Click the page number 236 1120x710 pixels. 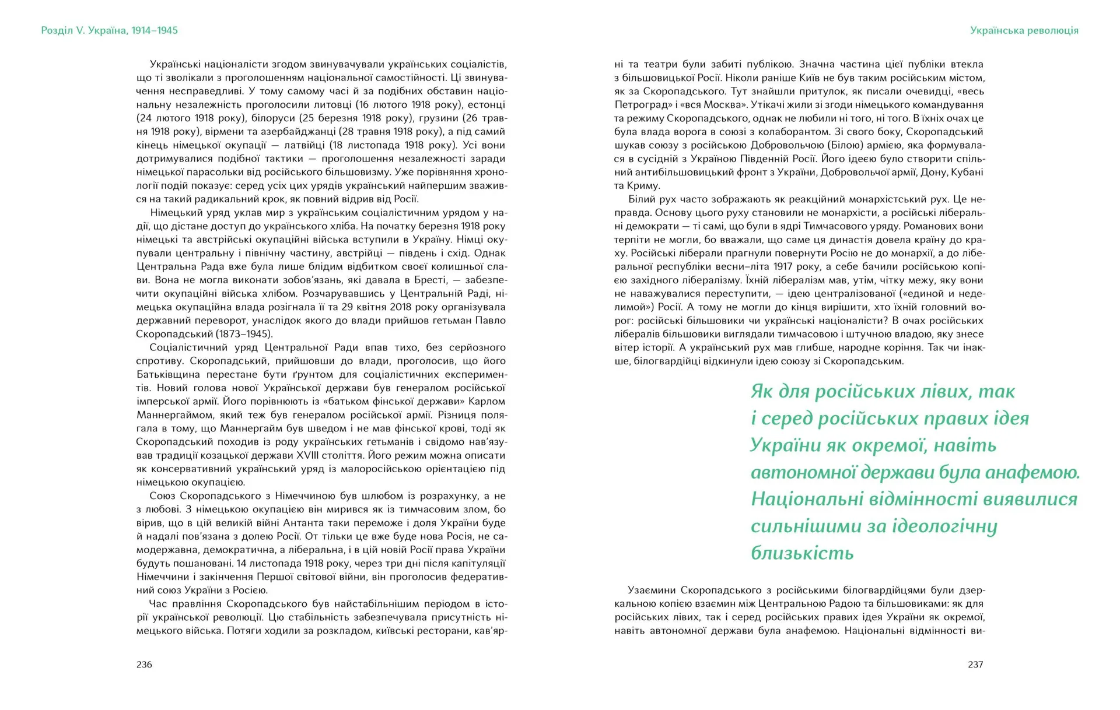click(144, 665)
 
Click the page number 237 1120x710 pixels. click(975, 665)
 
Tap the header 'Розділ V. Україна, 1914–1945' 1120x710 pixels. click(110, 30)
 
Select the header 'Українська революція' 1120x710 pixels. click(1024, 30)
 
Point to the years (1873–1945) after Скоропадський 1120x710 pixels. click(244, 334)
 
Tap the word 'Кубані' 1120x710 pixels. click(967, 172)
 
